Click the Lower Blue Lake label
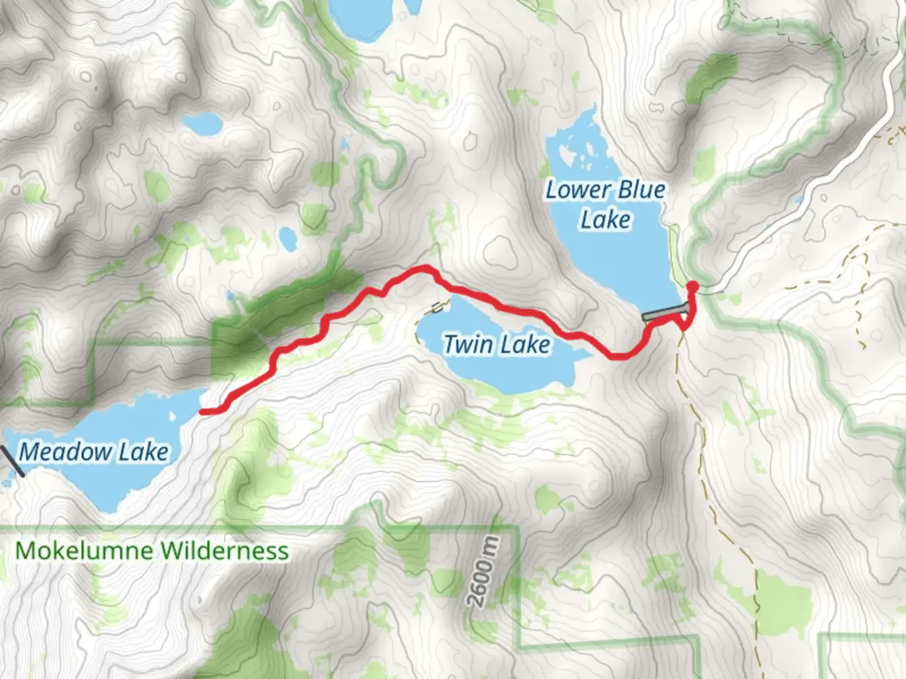coord(605,204)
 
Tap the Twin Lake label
coord(496,345)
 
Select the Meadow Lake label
coord(94,451)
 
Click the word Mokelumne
coord(84,551)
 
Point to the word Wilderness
coord(223,551)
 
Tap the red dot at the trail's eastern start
coord(693,287)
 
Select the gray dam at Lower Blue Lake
coord(664,313)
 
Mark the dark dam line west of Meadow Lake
coord(13,461)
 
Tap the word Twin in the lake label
coord(467,345)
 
